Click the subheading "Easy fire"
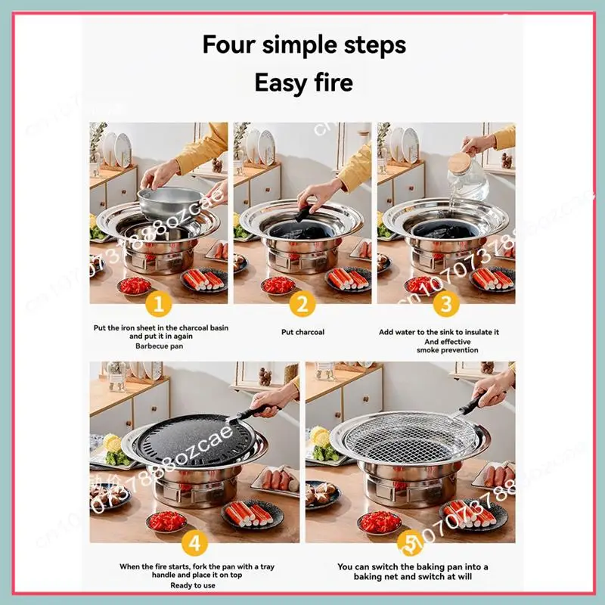click(303, 82)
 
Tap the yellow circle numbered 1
click(159, 304)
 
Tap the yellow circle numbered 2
click(302, 304)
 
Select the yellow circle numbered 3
click(446, 304)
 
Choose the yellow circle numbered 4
click(194, 543)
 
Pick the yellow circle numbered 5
click(411, 543)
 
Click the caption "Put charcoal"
click(302, 331)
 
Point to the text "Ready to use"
click(193, 585)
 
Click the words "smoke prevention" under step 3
click(446, 350)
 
